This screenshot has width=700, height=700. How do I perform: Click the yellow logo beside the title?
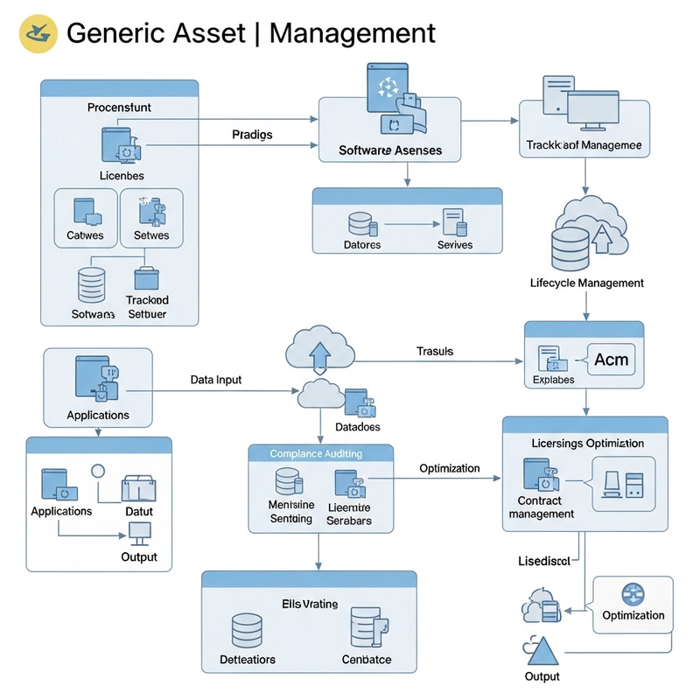pyautogui.click(x=38, y=33)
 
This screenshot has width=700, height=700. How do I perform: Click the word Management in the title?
pyautogui.click(x=352, y=33)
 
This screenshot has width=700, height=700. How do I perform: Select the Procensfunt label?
pyautogui.click(x=119, y=108)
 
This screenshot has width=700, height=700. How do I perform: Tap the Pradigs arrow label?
pyautogui.click(x=252, y=135)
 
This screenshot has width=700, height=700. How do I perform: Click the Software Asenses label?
pyautogui.click(x=390, y=150)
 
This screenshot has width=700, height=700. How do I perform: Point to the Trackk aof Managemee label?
pyautogui.click(x=584, y=145)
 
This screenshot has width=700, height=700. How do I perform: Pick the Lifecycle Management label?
pyautogui.click(x=587, y=283)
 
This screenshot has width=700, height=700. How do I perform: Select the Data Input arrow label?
pyautogui.click(x=216, y=381)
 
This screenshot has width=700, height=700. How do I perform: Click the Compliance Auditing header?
pyautogui.click(x=316, y=454)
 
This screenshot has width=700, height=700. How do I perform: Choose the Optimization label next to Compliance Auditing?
pyautogui.click(x=449, y=468)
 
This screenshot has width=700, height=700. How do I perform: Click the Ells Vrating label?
pyautogui.click(x=309, y=604)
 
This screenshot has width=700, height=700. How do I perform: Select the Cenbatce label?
pyautogui.click(x=367, y=659)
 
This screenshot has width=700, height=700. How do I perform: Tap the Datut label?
pyautogui.click(x=138, y=511)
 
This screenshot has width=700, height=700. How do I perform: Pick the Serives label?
pyautogui.click(x=454, y=245)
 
